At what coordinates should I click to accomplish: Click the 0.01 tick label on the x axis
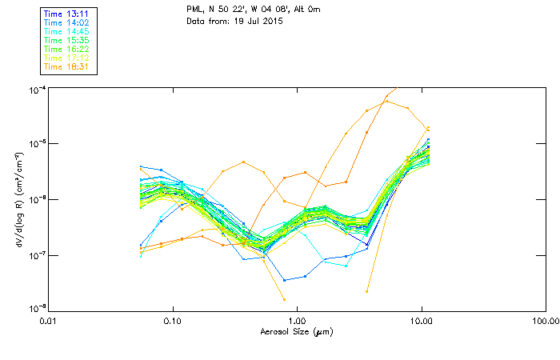point(48,321)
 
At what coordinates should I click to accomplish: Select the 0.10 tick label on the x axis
point(172,321)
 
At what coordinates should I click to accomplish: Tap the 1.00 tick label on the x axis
point(297,321)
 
